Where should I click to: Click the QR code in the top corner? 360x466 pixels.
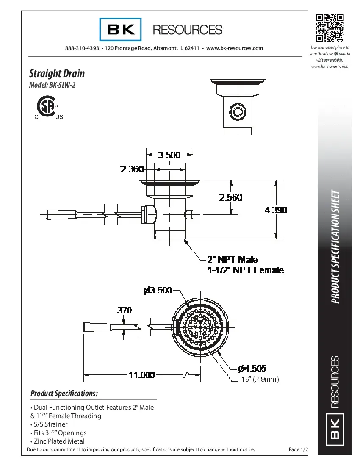[x=329, y=28]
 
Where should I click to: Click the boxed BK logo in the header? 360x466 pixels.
[x=121, y=30]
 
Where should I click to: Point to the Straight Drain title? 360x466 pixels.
[x=57, y=73]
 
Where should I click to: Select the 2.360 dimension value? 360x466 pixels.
[x=132, y=169]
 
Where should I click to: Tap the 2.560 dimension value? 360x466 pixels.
[x=230, y=197]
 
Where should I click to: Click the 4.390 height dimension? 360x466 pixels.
[x=276, y=210]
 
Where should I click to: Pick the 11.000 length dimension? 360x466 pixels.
[x=141, y=375]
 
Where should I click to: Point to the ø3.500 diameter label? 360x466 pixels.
[x=158, y=290]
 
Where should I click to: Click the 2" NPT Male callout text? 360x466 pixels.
[x=232, y=259]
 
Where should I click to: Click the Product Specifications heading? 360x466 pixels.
[x=64, y=394]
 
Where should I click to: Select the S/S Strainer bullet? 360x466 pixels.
[x=49, y=424]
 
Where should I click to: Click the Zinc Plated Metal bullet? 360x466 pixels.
[x=58, y=441]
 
